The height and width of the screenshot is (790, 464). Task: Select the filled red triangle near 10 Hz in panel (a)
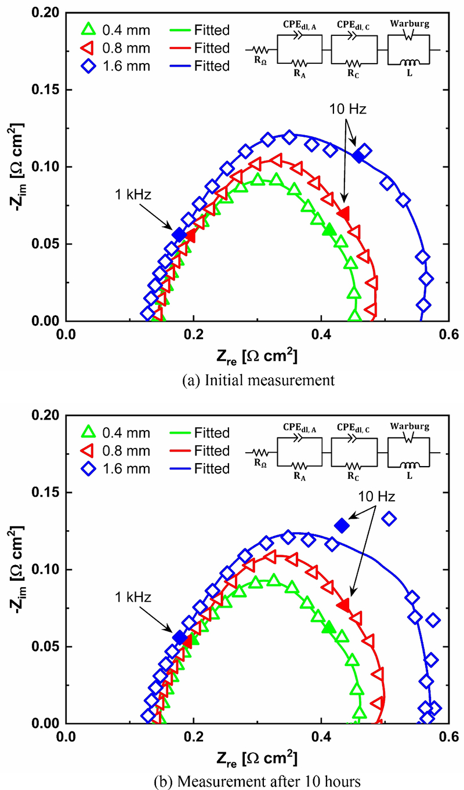click(x=345, y=213)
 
